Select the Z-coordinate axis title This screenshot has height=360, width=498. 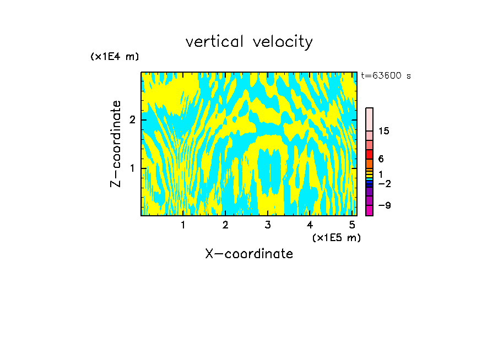click(x=116, y=144)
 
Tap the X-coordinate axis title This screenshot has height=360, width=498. click(x=249, y=254)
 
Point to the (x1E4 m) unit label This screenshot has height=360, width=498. click(x=115, y=57)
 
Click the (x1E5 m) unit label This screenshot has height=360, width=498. click(x=336, y=237)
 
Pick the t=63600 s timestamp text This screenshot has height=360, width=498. click(x=386, y=76)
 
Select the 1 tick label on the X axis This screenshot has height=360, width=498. click(x=183, y=225)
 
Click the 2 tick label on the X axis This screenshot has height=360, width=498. click(x=225, y=225)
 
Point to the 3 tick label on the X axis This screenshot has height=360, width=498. click(x=268, y=225)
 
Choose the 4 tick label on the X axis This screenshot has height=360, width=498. click(x=310, y=225)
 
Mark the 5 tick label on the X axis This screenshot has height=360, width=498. click(x=352, y=225)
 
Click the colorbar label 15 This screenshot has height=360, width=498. click(x=384, y=131)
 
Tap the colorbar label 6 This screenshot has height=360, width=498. click(x=381, y=159)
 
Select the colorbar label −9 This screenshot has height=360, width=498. click(x=384, y=205)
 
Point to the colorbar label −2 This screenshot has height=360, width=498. click(x=384, y=183)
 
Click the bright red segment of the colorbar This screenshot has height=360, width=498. click(x=369, y=154)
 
